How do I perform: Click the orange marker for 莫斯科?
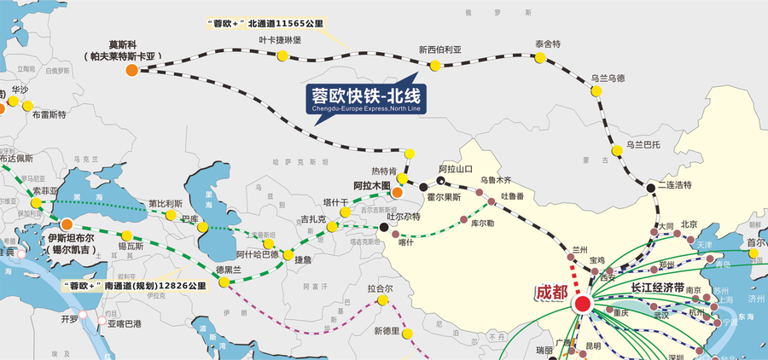131,70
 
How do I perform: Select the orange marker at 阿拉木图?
397,193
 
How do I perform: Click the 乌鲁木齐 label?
495,180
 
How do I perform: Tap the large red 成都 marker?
583,304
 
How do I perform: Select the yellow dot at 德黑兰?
224,282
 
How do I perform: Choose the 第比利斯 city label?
165,203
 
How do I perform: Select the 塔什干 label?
335,201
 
